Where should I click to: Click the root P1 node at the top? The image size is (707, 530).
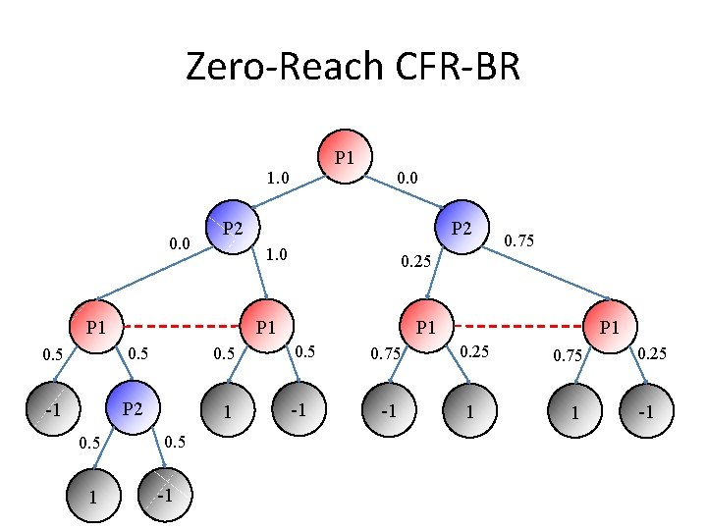click(x=345, y=157)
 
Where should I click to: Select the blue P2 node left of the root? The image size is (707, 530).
click(x=230, y=228)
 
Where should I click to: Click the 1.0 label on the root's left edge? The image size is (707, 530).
click(x=279, y=179)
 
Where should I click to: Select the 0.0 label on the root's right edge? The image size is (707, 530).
click(x=408, y=178)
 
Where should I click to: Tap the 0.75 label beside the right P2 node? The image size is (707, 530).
click(x=519, y=238)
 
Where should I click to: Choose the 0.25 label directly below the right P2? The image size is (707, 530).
click(x=414, y=262)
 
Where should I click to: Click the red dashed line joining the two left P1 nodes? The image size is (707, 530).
click(x=181, y=326)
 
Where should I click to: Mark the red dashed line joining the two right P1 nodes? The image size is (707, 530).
click(x=517, y=326)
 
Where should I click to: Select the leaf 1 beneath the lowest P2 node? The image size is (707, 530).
click(x=93, y=495)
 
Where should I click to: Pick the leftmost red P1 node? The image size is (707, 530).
click(x=96, y=326)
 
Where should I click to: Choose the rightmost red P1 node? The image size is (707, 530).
click(x=609, y=326)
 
